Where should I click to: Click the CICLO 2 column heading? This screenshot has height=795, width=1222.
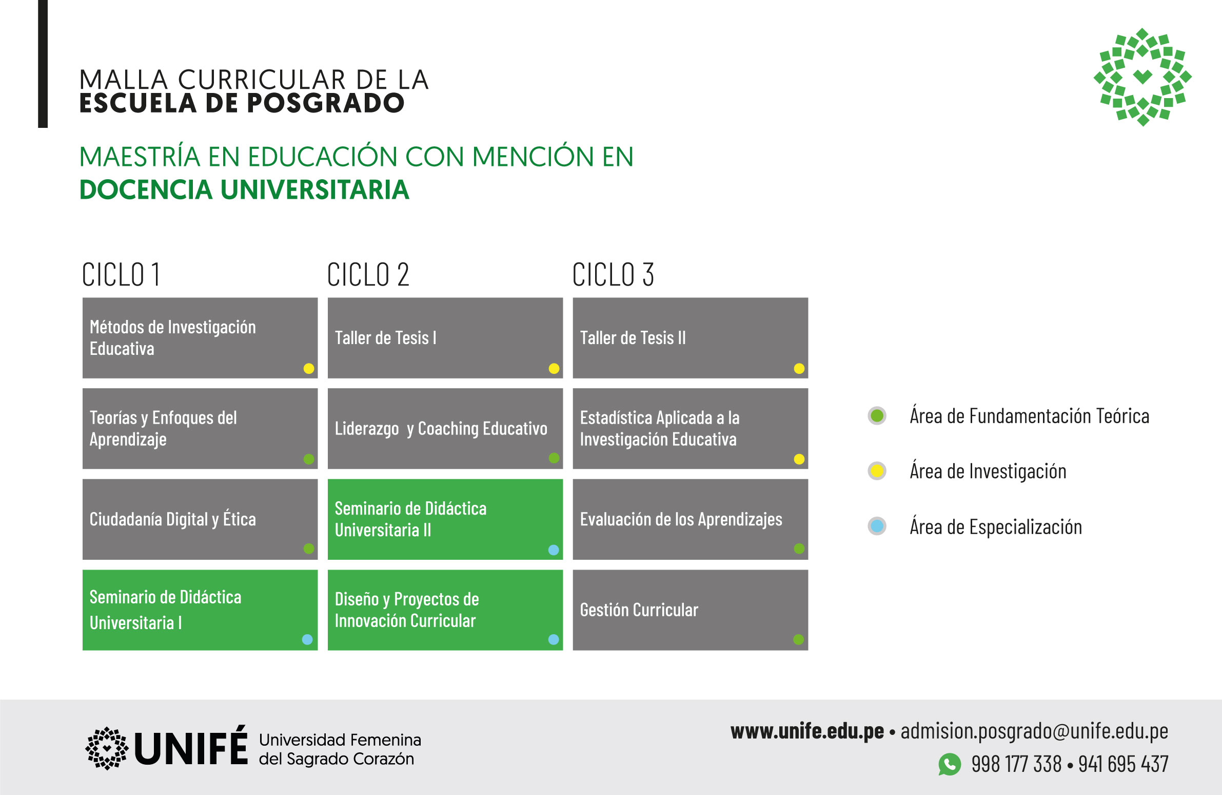click(x=368, y=274)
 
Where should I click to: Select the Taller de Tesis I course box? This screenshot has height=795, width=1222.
click(x=445, y=337)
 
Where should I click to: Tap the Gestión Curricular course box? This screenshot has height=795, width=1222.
click(x=691, y=610)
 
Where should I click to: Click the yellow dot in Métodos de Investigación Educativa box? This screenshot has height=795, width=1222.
click(x=309, y=368)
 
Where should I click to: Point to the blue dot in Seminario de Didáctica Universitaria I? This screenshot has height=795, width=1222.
click(x=308, y=639)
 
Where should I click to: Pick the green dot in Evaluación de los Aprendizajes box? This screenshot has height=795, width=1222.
click(x=799, y=548)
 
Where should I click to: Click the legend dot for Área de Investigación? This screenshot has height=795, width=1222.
click(x=877, y=471)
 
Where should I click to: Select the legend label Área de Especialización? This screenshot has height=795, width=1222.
click(x=996, y=527)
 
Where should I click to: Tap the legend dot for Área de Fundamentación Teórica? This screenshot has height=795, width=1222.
click(x=877, y=416)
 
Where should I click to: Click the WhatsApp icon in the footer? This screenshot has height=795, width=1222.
click(x=950, y=764)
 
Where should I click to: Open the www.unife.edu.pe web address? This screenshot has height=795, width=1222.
click(x=807, y=731)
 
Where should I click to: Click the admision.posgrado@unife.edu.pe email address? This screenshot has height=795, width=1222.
click(x=1035, y=731)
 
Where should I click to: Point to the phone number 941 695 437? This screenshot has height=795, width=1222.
click(x=1124, y=764)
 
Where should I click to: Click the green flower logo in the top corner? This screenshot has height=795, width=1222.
click(x=1142, y=77)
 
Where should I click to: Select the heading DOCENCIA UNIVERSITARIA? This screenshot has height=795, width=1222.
click(x=244, y=190)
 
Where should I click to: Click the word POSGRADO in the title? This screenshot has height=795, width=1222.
click(x=326, y=103)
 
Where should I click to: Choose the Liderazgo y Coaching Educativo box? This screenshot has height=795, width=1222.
click(x=445, y=429)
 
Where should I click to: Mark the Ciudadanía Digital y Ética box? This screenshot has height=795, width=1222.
click(x=200, y=519)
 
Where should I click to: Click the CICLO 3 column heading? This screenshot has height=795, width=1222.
click(x=613, y=274)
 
